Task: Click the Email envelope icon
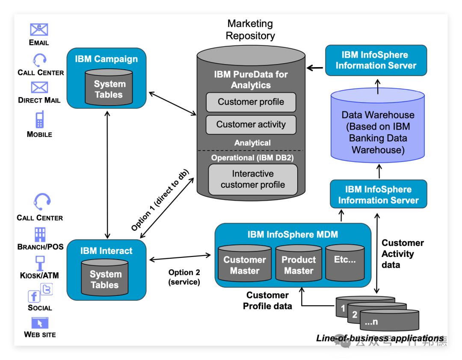tap(39, 30)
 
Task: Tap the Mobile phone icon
tap(40, 119)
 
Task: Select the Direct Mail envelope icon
tap(39, 88)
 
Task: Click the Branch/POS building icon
tap(40, 234)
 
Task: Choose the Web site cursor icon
tap(40, 323)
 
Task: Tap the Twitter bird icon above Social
tap(46, 289)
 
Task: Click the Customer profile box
tap(251, 102)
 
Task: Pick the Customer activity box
tap(251, 124)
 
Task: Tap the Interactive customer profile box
tap(252, 180)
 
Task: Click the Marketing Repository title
tap(250, 30)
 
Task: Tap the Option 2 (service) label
tap(184, 277)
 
